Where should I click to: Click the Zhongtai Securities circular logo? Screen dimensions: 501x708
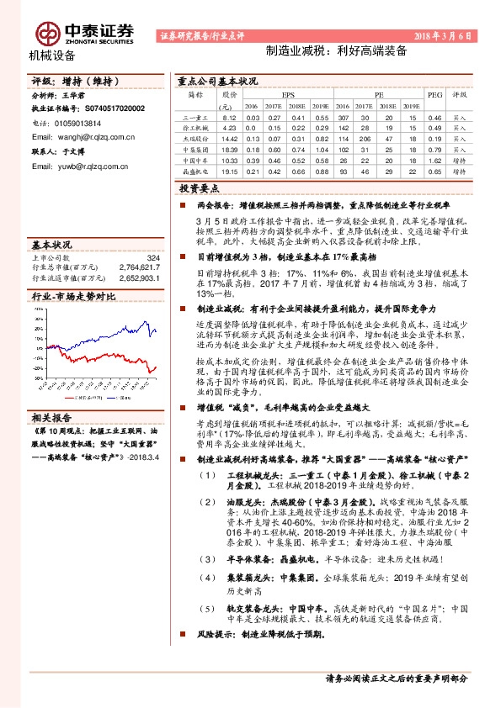pos(45,32)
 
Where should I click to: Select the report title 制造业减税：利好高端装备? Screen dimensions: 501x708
pos(335,50)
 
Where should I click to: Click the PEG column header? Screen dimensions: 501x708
pos(434,96)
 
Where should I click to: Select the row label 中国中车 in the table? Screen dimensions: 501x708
pos(195,160)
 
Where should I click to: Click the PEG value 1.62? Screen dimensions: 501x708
pos(434,160)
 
